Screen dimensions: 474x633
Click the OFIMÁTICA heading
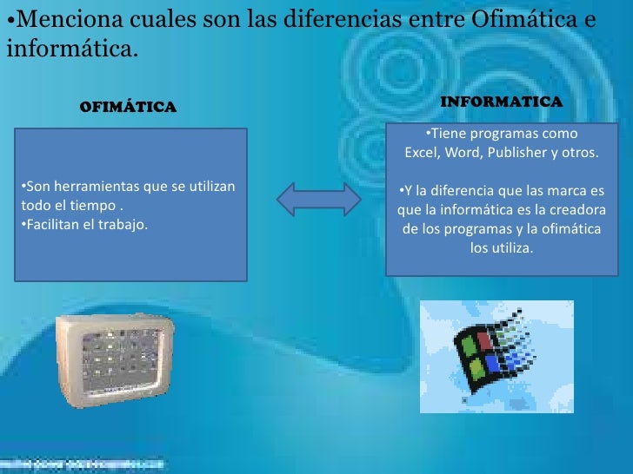[x=128, y=108]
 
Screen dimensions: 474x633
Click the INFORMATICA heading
[x=502, y=102]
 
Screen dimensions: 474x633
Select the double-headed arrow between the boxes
[x=318, y=199]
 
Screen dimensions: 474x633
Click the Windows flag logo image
[x=496, y=356]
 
